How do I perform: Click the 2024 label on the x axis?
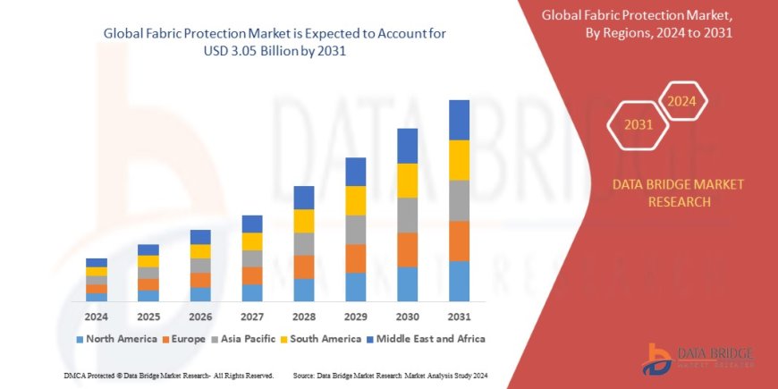97,317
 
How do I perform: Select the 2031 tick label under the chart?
459,317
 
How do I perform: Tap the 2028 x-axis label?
303,317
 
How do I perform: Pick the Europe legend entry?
189,339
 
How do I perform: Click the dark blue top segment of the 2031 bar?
459,120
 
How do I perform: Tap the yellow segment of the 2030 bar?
407,181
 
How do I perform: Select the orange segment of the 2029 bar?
355,258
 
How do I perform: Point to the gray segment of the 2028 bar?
303,244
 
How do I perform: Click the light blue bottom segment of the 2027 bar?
252,292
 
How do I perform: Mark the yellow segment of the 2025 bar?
148,261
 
